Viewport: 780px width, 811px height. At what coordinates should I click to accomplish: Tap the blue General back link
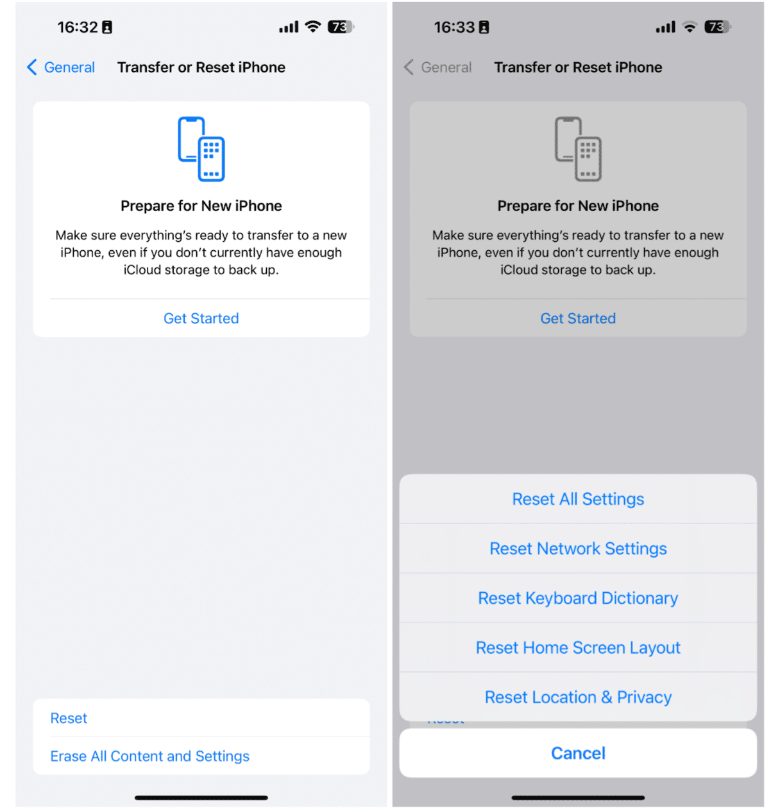61,67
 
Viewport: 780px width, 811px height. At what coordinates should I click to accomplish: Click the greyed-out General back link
437,67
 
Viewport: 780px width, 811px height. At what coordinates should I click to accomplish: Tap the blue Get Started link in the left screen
201,318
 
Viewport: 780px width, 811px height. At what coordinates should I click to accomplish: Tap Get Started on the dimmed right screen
577,318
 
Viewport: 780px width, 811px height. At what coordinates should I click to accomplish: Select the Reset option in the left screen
69,718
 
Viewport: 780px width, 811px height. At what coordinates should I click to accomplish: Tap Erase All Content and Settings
149,756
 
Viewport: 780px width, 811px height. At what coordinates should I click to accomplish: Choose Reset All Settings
577,499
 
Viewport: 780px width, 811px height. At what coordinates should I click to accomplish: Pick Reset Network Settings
577,549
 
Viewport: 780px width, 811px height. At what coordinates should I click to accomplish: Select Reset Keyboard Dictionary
577,598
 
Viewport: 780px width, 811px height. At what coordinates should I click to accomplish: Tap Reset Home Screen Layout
577,647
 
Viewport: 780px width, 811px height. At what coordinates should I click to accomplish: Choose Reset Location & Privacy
577,697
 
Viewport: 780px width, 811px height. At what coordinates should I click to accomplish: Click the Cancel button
577,753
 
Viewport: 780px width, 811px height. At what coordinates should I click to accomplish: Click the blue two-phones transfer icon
201,149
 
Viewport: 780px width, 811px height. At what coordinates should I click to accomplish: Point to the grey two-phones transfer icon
577,149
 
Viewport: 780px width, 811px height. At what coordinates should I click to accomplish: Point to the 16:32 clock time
77,28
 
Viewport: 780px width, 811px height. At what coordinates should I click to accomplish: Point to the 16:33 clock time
454,28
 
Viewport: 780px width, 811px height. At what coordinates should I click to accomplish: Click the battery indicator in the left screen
341,27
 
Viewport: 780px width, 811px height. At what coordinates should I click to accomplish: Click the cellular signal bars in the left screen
289,27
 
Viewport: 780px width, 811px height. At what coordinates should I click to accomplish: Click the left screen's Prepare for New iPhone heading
201,206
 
